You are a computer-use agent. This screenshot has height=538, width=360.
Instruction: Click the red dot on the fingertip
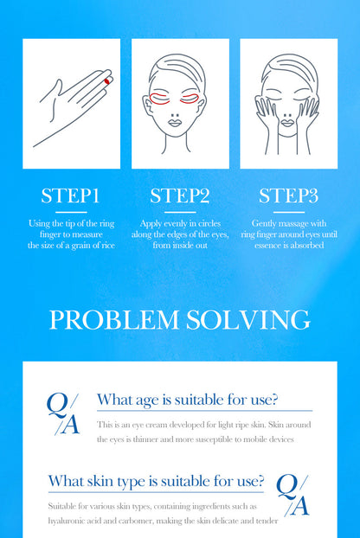pyautogui.click(x=107, y=81)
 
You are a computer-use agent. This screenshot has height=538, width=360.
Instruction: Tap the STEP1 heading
pyautogui.click(x=70, y=195)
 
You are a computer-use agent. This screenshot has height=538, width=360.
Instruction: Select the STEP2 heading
pyautogui.click(x=180, y=195)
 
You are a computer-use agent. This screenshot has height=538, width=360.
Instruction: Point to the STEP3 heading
pyautogui.click(x=289, y=195)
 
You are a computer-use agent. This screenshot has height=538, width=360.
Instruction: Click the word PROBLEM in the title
pyautogui.click(x=114, y=320)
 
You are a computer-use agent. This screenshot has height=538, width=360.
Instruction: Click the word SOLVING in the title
pyautogui.click(x=248, y=320)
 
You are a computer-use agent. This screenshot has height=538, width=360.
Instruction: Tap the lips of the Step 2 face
pyautogui.click(x=175, y=122)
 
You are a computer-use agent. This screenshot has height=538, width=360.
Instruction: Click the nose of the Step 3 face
pyautogui.click(x=287, y=115)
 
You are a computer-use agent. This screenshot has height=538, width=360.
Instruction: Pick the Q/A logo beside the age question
pyautogui.click(x=63, y=414)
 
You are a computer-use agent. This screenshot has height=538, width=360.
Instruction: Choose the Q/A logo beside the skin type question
pyautogui.click(x=292, y=496)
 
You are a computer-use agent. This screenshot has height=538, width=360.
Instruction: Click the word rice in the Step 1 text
pyautogui.click(x=107, y=246)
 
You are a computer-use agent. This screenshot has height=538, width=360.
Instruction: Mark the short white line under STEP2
pyautogui.click(x=180, y=213)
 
